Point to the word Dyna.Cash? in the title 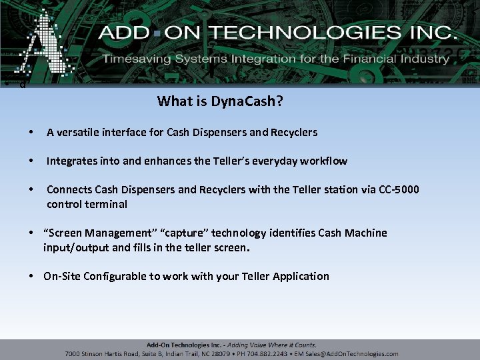[246, 101]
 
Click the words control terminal [87, 204]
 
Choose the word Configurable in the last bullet [115, 276]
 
